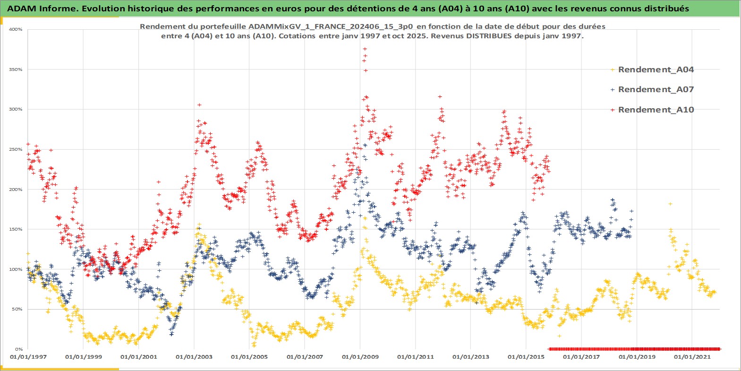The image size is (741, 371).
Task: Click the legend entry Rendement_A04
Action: click(656, 69)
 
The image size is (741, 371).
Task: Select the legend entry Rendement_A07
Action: click(656, 89)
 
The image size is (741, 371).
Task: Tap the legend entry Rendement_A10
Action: click(656, 110)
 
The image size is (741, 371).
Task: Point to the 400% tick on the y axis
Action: click(16, 29)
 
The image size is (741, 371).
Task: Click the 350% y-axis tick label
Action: click(16, 69)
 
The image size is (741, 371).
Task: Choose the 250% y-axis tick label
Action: click(16, 149)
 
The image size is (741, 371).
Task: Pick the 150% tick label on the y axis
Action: click(16, 229)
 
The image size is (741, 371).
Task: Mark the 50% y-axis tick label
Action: click(17, 309)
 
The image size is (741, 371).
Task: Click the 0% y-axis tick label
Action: click(18, 349)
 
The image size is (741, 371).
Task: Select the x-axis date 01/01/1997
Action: click(28, 357)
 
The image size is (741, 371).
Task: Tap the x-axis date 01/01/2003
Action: click(194, 357)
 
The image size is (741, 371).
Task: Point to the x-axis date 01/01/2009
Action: click(360, 357)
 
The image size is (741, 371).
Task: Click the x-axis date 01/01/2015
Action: click(526, 357)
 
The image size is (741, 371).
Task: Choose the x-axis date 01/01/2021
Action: click(692, 357)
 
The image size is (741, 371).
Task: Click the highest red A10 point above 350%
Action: click(365, 49)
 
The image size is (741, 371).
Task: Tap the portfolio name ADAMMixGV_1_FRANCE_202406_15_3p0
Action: click(331, 26)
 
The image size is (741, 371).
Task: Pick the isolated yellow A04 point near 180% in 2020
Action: click(670, 204)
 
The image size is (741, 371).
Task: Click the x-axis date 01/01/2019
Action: click(637, 357)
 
